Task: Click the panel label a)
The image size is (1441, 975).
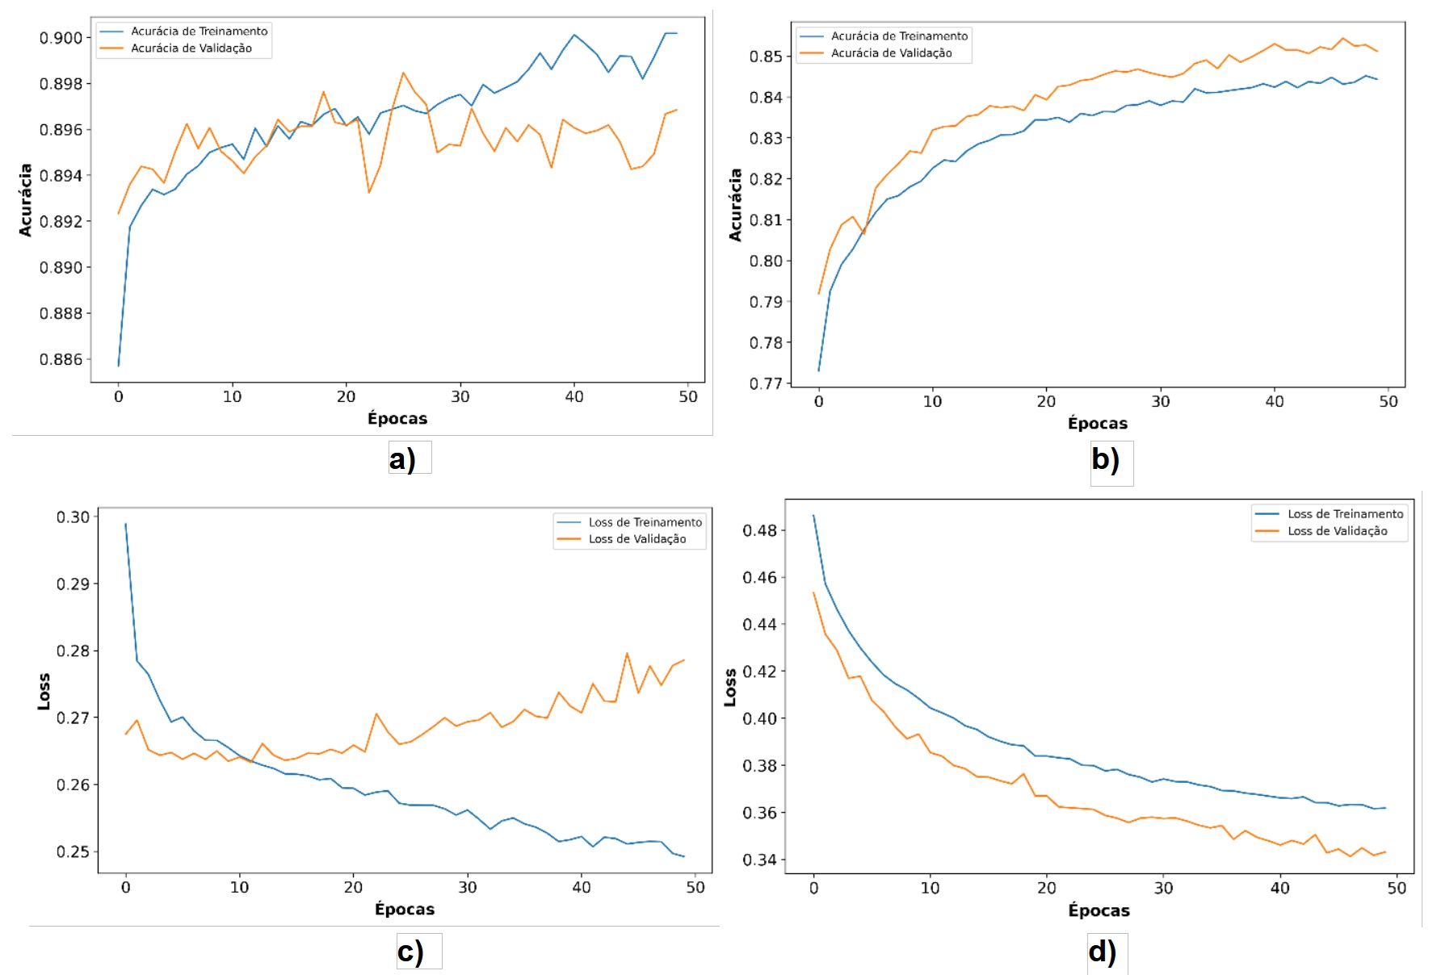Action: coord(402,458)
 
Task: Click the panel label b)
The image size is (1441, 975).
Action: coord(1105,459)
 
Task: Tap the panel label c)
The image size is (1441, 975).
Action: coord(410,952)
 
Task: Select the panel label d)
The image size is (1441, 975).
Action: coord(1102,952)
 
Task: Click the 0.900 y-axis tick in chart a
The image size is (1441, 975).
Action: coord(61,38)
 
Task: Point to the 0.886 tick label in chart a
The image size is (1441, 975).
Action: coord(61,359)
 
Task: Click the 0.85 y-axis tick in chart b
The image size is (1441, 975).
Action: coord(766,56)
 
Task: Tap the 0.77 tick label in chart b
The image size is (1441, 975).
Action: coord(766,383)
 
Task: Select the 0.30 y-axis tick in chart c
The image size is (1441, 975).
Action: coord(73,517)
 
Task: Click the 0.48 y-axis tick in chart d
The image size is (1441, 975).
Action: coord(759,530)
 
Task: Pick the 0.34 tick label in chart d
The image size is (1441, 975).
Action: coord(759,860)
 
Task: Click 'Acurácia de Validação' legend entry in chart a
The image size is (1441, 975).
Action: coord(191,48)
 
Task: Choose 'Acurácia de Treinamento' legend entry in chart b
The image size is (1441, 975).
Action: coord(899,36)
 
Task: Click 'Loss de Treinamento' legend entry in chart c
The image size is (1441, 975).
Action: coord(645,522)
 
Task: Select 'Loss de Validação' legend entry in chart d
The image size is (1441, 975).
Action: coord(1337,531)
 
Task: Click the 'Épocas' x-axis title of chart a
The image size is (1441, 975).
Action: coord(397,418)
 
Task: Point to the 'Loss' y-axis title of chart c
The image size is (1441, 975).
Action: coord(44,692)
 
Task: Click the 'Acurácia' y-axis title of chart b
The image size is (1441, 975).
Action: coord(735,205)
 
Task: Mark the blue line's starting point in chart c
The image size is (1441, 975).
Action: coord(125,524)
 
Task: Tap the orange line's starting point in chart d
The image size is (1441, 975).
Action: coord(813,592)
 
